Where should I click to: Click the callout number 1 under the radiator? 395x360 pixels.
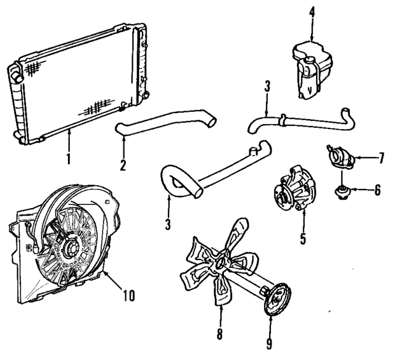(69, 159)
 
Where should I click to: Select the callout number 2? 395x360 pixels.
(123, 165)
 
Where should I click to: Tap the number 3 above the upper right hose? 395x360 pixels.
(267, 88)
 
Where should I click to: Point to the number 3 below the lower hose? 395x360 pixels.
(167, 222)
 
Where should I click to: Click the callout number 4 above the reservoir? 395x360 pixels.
(312, 10)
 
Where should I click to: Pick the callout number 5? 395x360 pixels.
(303, 238)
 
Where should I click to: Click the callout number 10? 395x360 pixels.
(128, 295)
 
